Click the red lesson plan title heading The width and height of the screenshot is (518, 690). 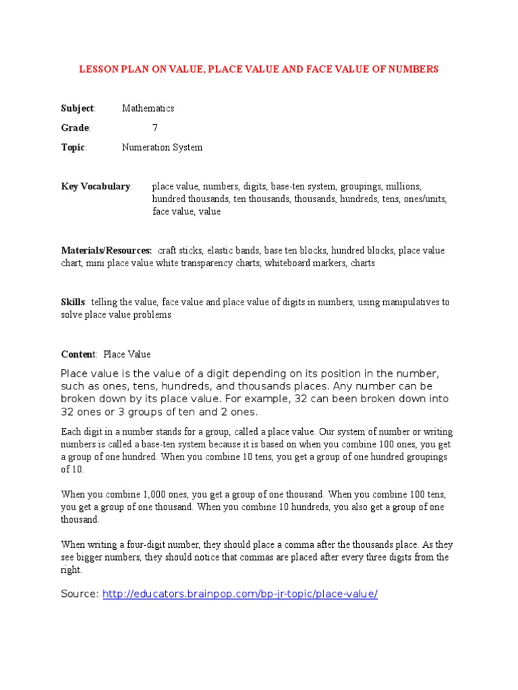[x=259, y=69]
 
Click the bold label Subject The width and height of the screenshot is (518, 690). [x=78, y=108]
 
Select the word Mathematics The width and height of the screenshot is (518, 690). [x=148, y=108]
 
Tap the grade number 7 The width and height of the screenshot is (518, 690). [x=155, y=127]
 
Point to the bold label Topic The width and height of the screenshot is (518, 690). [x=74, y=147]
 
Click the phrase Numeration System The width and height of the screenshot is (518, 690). [x=162, y=147]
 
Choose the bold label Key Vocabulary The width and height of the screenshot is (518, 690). [x=96, y=186]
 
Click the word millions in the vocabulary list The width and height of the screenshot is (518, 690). [x=402, y=186]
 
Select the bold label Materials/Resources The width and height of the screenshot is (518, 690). [x=107, y=251]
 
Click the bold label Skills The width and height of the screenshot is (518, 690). [x=74, y=303]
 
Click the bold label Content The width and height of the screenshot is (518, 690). [x=79, y=354]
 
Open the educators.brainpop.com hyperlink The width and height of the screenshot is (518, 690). [x=240, y=594]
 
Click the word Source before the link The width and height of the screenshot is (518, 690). [x=80, y=594]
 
